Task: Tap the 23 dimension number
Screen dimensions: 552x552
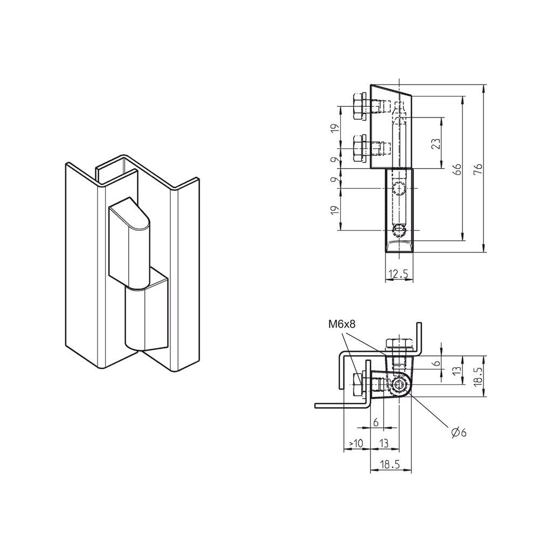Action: point(436,143)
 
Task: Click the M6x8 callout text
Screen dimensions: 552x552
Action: point(341,324)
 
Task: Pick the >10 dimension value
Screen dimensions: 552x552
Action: point(356,443)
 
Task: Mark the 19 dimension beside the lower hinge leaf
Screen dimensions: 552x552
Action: point(335,210)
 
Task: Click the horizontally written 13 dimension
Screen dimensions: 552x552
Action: point(384,443)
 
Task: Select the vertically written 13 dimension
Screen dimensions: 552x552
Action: point(456,370)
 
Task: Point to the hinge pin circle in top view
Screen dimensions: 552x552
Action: point(399,385)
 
